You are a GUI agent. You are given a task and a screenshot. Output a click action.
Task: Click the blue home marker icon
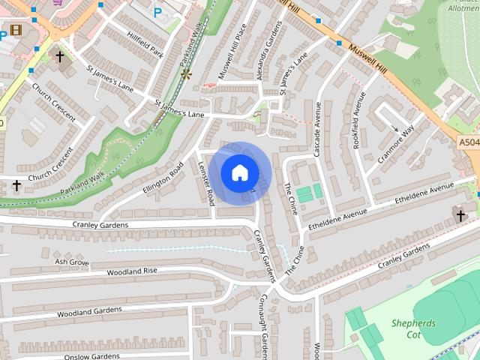click(239, 172)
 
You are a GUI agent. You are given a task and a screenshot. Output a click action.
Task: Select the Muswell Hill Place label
click(232, 52)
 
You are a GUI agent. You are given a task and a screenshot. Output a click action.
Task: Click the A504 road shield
click(469, 142)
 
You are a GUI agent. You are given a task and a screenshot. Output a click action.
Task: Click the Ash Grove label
click(72, 262)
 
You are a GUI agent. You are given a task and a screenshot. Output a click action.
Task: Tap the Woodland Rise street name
click(132, 271)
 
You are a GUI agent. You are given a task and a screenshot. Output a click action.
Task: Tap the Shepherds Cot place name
click(413, 329)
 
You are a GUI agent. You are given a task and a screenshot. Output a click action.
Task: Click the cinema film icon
click(16, 31)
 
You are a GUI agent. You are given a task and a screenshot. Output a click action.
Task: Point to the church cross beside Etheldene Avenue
click(460, 216)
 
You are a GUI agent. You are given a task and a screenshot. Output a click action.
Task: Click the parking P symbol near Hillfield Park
click(157, 12)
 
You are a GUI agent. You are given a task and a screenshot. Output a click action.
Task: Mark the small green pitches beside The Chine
click(310, 193)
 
